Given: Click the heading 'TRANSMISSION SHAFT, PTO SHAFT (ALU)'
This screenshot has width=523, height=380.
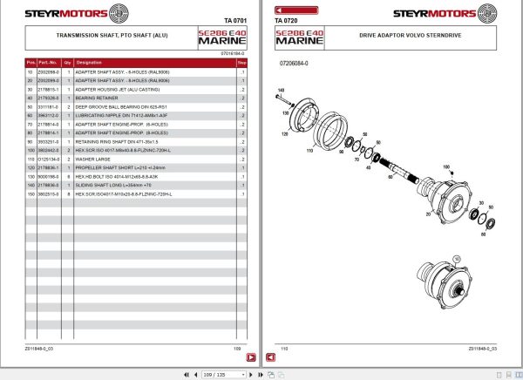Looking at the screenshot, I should pos(100,37).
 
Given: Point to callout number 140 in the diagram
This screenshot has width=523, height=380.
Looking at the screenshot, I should pos(281,91).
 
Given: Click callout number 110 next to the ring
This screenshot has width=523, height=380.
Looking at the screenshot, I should pos(308,150).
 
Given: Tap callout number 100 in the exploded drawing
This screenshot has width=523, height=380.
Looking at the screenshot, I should pos(447,165).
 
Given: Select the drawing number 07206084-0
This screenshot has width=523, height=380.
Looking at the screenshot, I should pos(294,64).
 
